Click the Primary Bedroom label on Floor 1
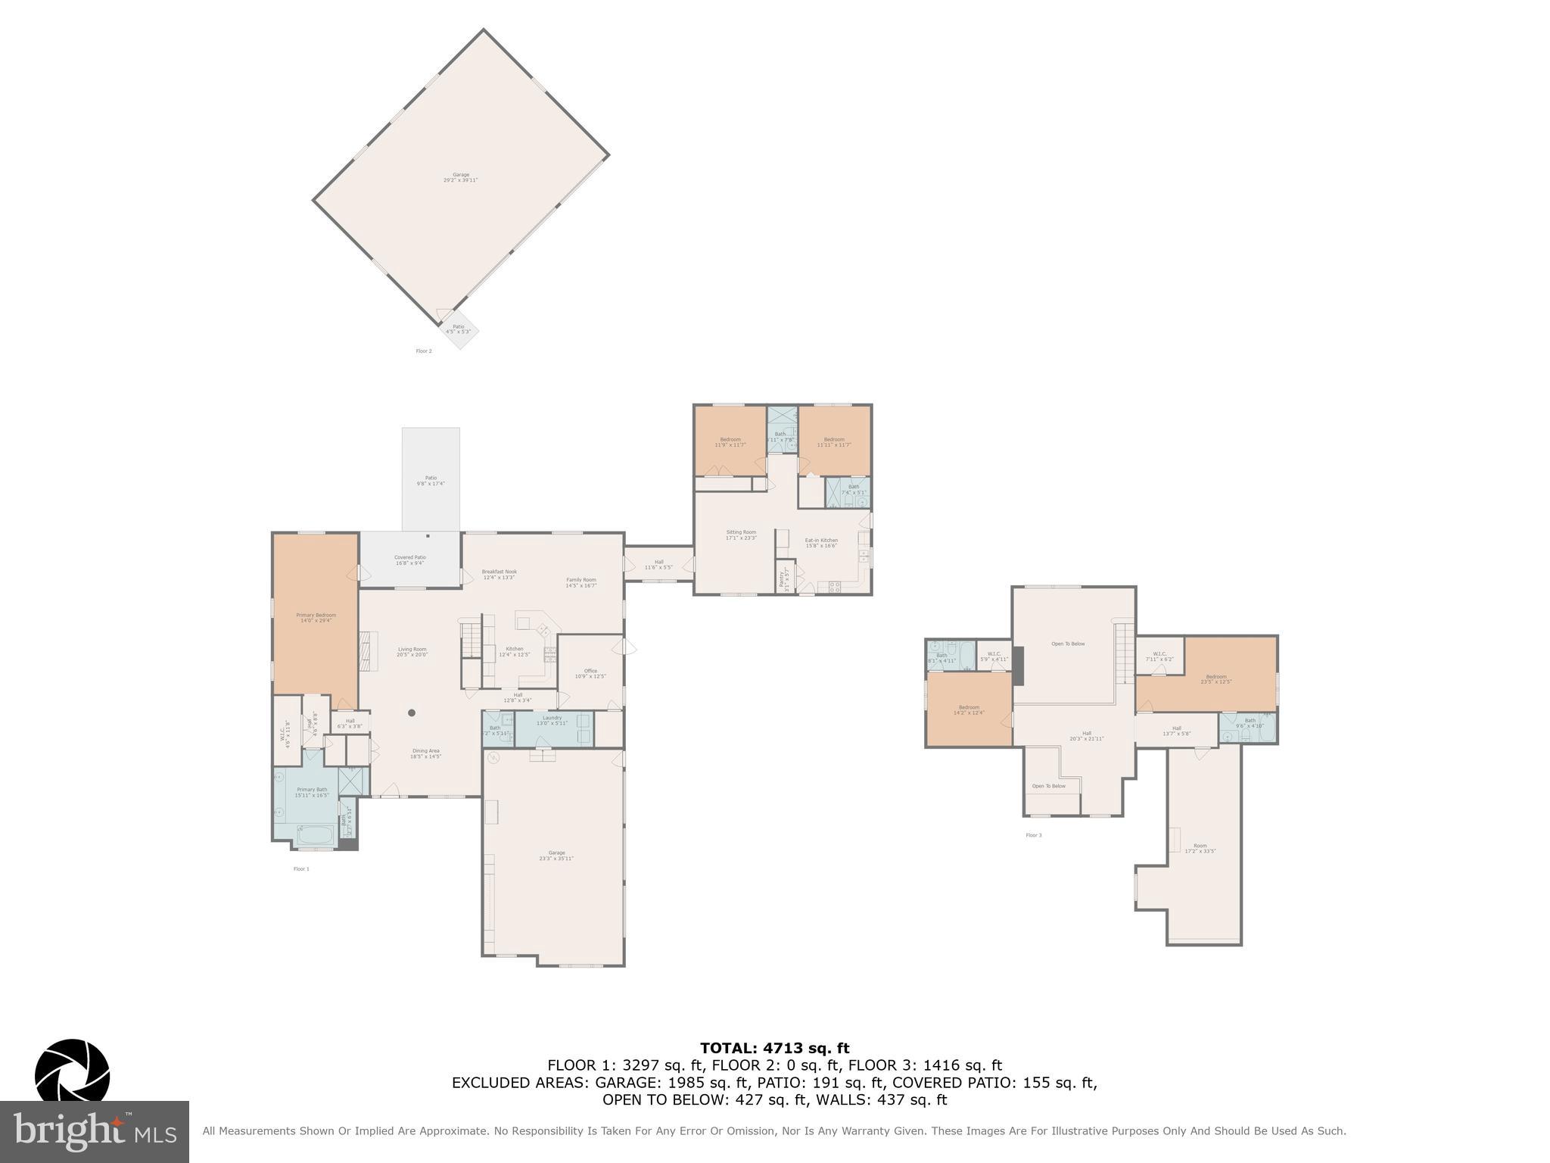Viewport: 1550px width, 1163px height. (x=316, y=618)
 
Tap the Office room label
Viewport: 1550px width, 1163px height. (x=590, y=673)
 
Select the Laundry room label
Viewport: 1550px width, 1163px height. (x=552, y=720)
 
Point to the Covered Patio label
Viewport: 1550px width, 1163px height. (x=409, y=560)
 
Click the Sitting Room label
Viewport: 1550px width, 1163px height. (x=741, y=535)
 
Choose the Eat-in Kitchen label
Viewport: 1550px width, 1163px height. (x=821, y=543)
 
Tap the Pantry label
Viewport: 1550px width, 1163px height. (x=783, y=579)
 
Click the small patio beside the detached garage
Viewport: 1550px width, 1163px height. (x=459, y=329)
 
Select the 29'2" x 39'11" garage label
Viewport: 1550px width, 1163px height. (x=461, y=177)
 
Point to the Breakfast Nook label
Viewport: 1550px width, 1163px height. (x=500, y=574)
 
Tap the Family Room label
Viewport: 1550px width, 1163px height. (x=581, y=582)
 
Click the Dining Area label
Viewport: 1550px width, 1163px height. (x=425, y=753)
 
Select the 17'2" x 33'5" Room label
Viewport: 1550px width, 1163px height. (x=1200, y=848)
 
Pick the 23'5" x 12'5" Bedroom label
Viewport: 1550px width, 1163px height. (x=1216, y=679)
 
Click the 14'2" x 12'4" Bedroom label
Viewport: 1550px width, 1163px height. (x=969, y=709)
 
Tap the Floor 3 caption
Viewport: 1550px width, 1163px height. (x=1034, y=835)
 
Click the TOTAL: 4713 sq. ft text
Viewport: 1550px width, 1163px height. (x=774, y=1048)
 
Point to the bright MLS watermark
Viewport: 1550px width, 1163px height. (x=95, y=1132)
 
